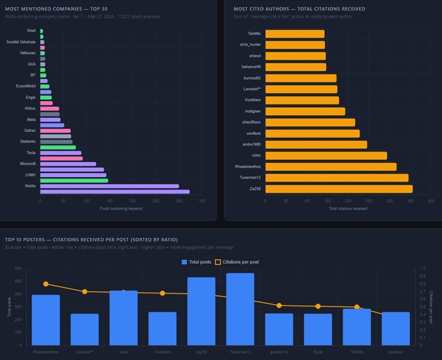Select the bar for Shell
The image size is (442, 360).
[41, 31]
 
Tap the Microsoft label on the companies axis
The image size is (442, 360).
[28, 164]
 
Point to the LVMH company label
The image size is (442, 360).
[30, 175]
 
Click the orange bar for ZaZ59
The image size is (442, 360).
[339, 189]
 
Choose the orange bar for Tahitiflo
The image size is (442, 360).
[294, 34]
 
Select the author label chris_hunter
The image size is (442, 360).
[250, 45]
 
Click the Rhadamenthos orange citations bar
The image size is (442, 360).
[330, 167]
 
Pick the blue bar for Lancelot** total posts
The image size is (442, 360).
[85, 330]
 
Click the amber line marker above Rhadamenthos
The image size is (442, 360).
[46, 284]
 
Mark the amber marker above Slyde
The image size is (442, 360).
[318, 306]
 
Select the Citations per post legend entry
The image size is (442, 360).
[238, 262]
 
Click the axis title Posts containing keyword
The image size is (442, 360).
[121, 208]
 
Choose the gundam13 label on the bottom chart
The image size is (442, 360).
[278, 352]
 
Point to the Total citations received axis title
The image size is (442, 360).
[348, 208]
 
